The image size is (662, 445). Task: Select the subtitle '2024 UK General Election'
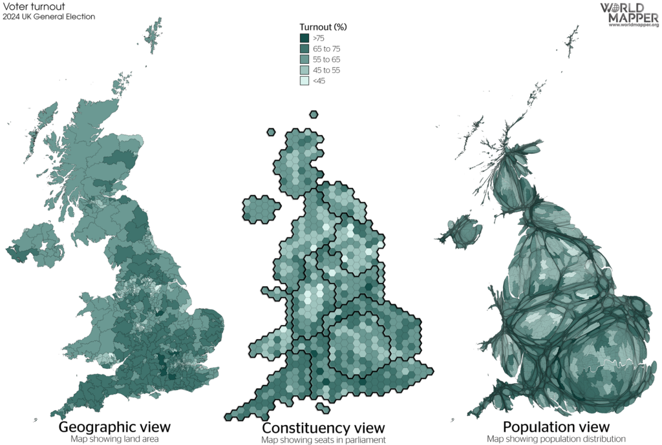tap(49, 17)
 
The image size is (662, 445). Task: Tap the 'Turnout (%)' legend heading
tap(323, 27)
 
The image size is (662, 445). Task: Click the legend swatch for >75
tap(304, 38)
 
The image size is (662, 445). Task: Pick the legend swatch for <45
tap(304, 81)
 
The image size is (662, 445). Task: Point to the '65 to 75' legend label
tap(326, 49)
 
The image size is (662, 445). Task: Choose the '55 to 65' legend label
tap(326, 59)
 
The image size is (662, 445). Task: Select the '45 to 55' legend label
tap(326, 70)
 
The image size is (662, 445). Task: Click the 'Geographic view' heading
tap(114, 427)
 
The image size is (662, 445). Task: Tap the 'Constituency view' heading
tap(323, 428)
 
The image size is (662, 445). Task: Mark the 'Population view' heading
tap(555, 427)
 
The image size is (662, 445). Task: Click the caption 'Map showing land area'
tap(114, 439)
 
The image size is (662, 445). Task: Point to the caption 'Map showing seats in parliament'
tap(323, 440)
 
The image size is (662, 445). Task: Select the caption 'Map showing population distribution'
tap(556, 439)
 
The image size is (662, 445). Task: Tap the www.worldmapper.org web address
tap(633, 25)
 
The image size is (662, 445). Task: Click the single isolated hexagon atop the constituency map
tap(314, 115)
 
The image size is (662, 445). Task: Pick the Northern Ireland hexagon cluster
tap(260, 209)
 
